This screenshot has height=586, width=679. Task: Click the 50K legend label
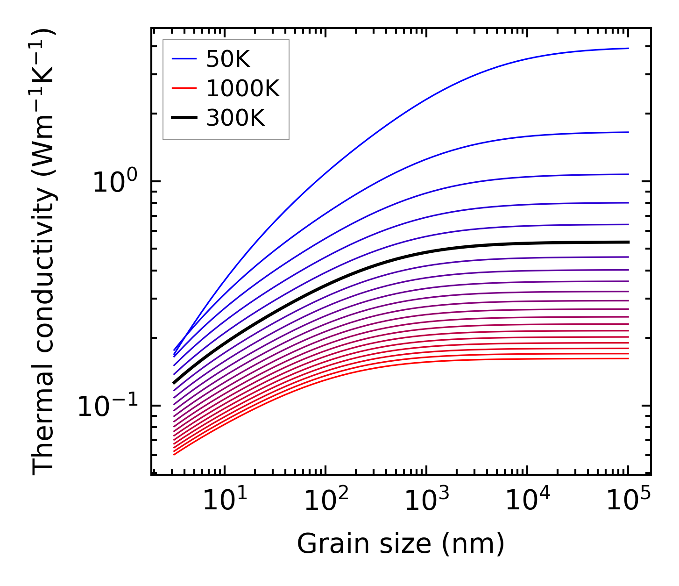pos(228,59)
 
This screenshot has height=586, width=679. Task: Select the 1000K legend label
pos(243,89)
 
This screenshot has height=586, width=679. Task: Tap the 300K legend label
pos(235,118)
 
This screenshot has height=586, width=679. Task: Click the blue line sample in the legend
pos(184,59)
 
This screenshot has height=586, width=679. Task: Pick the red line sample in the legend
pos(184,88)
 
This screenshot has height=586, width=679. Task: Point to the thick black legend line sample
pos(184,118)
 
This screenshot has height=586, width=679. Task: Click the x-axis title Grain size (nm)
pos(401,544)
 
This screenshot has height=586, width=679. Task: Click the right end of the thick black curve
pos(629,242)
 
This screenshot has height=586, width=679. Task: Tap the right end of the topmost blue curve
pos(629,48)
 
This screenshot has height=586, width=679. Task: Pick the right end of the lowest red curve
pos(629,358)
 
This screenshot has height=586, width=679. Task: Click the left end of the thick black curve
pos(174,383)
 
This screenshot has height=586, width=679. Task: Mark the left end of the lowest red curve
pos(174,455)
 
